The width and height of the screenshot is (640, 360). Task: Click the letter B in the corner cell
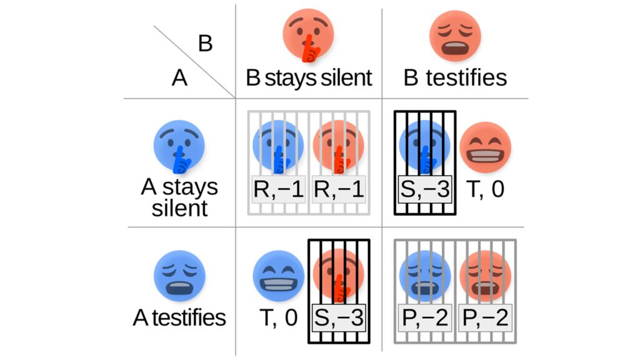click(205, 44)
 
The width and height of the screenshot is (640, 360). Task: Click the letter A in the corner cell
click(180, 79)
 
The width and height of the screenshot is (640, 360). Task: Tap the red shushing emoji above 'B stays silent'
click(308, 35)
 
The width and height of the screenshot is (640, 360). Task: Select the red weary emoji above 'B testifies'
click(455, 35)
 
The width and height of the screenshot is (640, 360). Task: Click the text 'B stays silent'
click(309, 78)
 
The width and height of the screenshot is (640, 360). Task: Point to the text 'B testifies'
click(455, 78)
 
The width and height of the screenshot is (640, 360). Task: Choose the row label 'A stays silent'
click(179, 197)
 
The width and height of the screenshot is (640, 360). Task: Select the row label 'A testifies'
click(179, 317)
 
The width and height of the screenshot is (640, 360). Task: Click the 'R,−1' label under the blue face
click(278, 189)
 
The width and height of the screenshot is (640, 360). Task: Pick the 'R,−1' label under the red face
click(338, 189)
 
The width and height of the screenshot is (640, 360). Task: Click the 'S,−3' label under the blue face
click(425, 189)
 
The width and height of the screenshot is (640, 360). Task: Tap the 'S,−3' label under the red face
click(338, 319)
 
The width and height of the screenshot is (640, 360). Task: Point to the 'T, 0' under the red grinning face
click(485, 189)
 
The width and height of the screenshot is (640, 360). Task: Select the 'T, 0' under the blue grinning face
click(278, 319)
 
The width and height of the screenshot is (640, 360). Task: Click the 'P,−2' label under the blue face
click(425, 319)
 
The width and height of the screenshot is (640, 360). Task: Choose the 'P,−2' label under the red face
click(485, 319)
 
